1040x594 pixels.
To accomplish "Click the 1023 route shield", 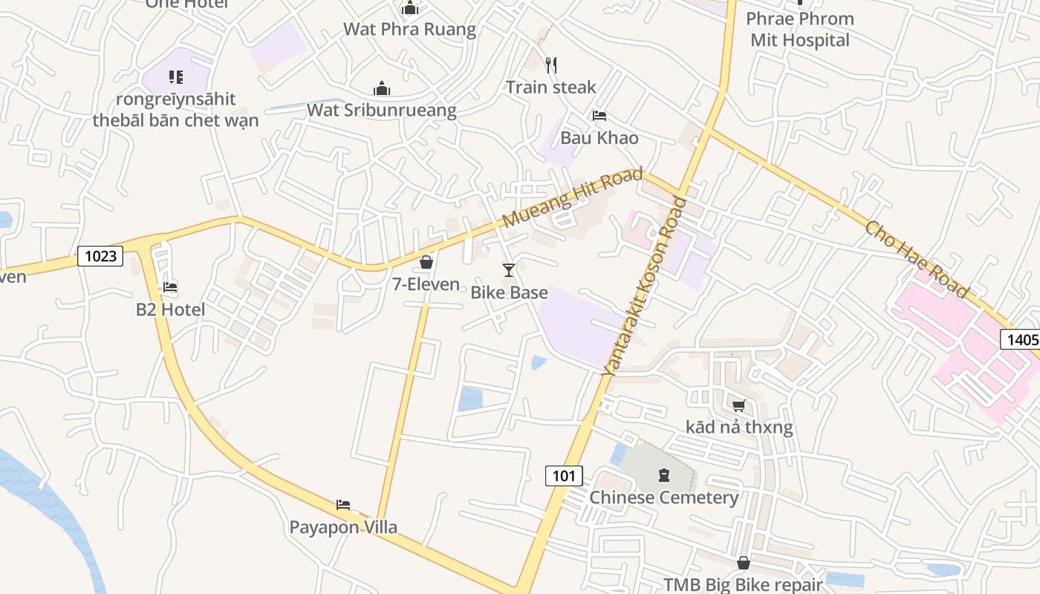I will [x=100, y=256].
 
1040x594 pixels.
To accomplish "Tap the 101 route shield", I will [x=564, y=475].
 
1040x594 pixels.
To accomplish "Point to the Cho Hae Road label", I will [x=917, y=258].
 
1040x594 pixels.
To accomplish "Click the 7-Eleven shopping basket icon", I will [x=426, y=262].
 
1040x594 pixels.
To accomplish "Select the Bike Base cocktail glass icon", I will [x=509, y=270].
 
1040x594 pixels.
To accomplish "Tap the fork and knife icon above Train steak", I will [x=551, y=65].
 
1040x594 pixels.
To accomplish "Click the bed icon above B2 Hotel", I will [x=170, y=287].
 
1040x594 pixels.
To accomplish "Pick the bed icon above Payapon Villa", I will [x=343, y=505].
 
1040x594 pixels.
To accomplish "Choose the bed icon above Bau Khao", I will [x=599, y=116].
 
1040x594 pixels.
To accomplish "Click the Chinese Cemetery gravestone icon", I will [x=663, y=475].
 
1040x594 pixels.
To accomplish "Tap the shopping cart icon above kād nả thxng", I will [x=738, y=405].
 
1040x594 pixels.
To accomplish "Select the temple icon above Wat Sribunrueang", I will [x=382, y=89].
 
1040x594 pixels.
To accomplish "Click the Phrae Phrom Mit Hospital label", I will [x=799, y=30].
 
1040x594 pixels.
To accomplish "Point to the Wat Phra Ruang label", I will [x=409, y=30].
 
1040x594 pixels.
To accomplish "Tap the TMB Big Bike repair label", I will [x=743, y=584].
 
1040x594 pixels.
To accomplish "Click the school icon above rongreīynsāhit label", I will [x=175, y=76].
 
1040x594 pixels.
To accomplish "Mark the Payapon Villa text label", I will [x=343, y=527].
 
